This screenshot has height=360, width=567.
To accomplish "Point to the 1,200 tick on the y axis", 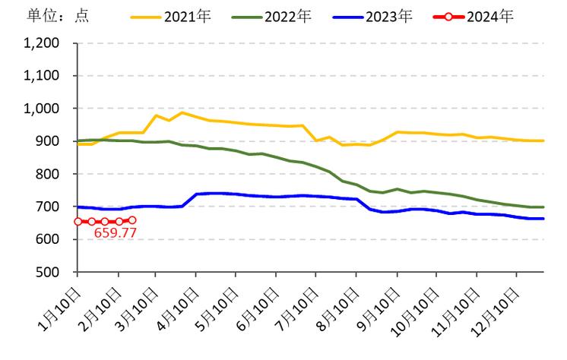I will click(x=43, y=43).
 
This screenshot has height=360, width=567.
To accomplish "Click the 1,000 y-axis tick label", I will click(x=43, y=109).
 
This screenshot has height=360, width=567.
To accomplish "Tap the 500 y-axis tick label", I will click(x=49, y=272).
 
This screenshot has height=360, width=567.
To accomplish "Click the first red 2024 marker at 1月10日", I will click(x=78, y=221).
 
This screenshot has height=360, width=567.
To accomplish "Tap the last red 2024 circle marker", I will click(x=132, y=220).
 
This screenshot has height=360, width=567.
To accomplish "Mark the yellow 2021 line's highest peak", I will click(x=182, y=112).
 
